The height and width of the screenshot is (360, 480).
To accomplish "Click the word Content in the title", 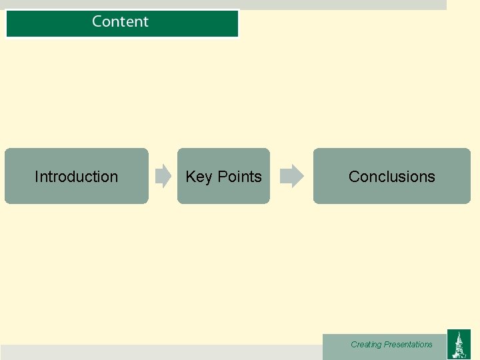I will [120, 21].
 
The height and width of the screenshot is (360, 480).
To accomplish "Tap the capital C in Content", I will [97, 21].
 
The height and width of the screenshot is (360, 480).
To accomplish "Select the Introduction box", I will [76, 176].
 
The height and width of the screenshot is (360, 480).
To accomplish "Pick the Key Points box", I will [223, 176].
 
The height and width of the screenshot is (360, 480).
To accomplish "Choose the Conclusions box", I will [391, 176].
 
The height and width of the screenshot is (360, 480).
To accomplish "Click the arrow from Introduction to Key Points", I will [163, 176].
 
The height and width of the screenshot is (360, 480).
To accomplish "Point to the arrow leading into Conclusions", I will [291, 176].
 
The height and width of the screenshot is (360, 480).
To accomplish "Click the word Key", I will [198, 177].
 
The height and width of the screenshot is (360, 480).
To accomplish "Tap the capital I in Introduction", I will [36, 177].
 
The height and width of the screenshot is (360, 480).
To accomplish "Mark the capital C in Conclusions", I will [354, 177].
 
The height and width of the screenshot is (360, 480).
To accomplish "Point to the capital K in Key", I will [190, 177].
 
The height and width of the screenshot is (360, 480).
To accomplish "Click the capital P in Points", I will [223, 177].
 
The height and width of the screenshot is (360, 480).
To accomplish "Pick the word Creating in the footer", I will [366, 345].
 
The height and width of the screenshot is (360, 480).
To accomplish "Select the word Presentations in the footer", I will [408, 345].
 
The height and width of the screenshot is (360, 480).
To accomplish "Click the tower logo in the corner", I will [458, 344].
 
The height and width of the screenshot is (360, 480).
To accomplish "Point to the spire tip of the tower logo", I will [459, 331].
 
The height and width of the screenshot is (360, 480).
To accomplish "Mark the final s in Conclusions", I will [432, 177].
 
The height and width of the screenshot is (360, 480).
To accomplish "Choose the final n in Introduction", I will [114, 177].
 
